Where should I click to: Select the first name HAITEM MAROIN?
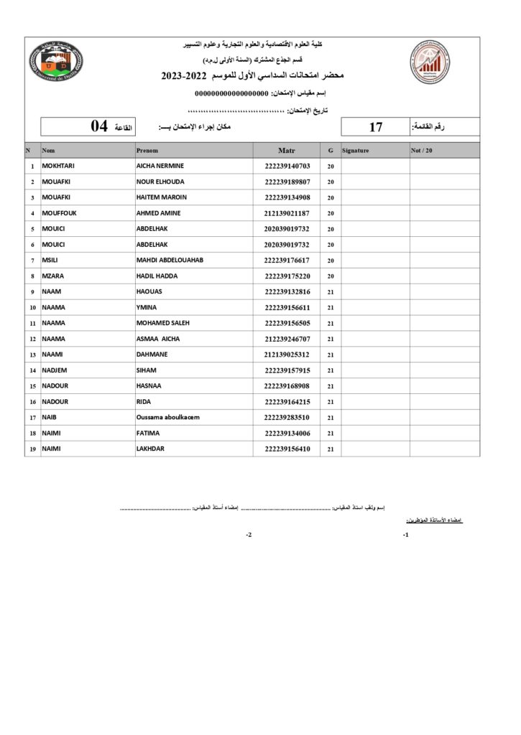click(161, 197)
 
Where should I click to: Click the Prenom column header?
click(147, 151)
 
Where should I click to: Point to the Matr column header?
click(287, 151)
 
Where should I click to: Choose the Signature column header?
click(356, 151)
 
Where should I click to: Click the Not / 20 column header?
click(422, 151)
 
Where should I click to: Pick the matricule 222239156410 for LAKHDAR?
click(287, 449)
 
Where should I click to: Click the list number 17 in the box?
click(375, 127)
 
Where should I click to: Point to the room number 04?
click(99, 126)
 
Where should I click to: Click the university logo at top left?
click(57, 62)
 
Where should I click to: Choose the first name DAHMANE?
click(152, 355)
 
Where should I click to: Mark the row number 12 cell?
click(32, 339)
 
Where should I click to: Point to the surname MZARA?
click(53, 276)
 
